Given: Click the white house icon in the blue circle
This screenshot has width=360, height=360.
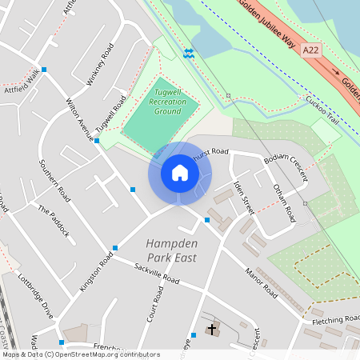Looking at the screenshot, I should coord(180,173).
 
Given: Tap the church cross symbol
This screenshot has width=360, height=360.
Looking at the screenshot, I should coord(212,330).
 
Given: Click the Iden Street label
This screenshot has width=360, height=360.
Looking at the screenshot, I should coord(243,197).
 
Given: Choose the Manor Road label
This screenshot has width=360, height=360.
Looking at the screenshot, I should coord(261,282).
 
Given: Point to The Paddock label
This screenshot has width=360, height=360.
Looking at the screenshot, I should coord(54,220).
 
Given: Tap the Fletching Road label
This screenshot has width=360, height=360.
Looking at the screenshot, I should coord(336,320).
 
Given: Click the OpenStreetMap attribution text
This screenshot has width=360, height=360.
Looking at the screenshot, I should coord(80,354).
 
